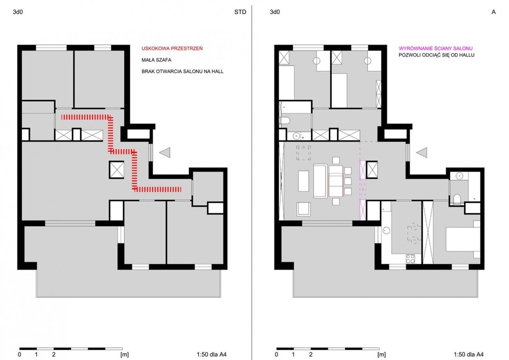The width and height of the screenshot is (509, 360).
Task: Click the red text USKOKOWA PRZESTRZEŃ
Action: pyautogui.click(x=172, y=48)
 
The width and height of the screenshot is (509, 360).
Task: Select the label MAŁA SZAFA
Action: pyautogui.click(x=156, y=60)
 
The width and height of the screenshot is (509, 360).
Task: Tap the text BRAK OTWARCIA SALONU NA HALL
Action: pyautogui.click(x=182, y=71)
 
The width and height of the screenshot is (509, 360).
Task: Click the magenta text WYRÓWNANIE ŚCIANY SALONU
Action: pyautogui.click(x=436, y=48)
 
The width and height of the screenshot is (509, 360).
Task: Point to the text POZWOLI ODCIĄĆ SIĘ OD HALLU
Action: pyautogui.click(x=437, y=55)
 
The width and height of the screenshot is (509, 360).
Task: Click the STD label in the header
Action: pyautogui.click(x=240, y=12)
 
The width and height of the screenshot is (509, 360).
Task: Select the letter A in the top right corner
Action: pyautogui.click(x=493, y=12)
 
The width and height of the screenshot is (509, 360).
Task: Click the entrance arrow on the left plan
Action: pyautogui.click(x=165, y=152)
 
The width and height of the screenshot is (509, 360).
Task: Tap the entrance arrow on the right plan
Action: pyautogui.click(x=422, y=152)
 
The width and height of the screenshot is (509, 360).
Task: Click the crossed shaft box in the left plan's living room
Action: pyautogui.click(x=117, y=170)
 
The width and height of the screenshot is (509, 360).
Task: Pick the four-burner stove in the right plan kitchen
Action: pyautogui.click(x=410, y=259)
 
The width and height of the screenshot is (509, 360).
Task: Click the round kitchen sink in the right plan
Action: pyautogui.click(x=386, y=231)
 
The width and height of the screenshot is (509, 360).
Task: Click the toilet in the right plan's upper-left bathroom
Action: pyautogui.click(x=285, y=121)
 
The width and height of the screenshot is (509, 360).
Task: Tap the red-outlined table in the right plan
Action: pyautogui.click(x=335, y=185)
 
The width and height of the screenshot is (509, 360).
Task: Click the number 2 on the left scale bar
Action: pyautogui.click(x=54, y=354)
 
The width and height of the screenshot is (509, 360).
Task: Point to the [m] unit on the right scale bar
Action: pyautogui.click(x=381, y=354)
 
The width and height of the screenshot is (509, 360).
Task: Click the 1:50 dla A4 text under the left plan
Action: pyautogui.click(x=211, y=354)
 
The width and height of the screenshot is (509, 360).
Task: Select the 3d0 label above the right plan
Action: pyautogui.click(x=275, y=12)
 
